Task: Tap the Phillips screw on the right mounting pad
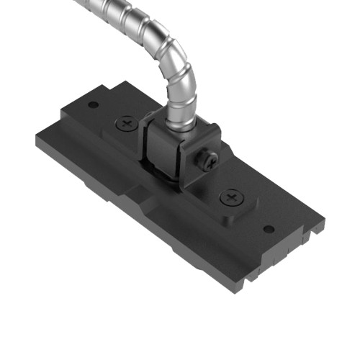(x=232, y=196)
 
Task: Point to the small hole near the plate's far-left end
(x=93, y=105)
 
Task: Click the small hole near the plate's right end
(x=268, y=230)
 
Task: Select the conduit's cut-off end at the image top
(x=78, y=4)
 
